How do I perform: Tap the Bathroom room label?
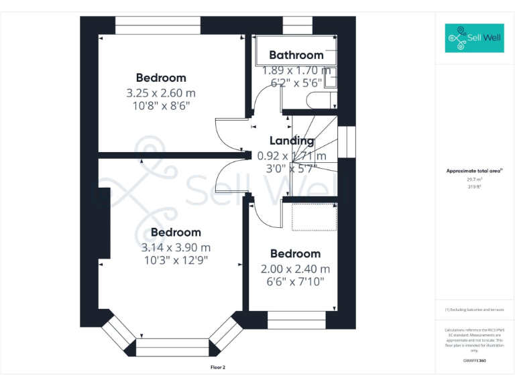(296, 55)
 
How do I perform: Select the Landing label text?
(292, 141)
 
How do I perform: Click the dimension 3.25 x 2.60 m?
(161, 92)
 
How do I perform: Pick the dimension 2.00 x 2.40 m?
(295, 269)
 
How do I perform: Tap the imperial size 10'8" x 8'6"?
(161, 106)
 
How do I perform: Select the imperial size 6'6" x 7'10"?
(295, 282)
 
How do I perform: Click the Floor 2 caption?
(218, 367)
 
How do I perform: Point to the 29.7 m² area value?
(474, 180)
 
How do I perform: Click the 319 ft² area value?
(474, 187)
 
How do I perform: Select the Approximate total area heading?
(474, 172)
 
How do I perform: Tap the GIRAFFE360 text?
(474, 361)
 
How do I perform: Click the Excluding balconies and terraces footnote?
(474, 310)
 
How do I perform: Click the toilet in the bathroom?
(319, 101)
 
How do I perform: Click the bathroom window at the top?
(293, 28)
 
